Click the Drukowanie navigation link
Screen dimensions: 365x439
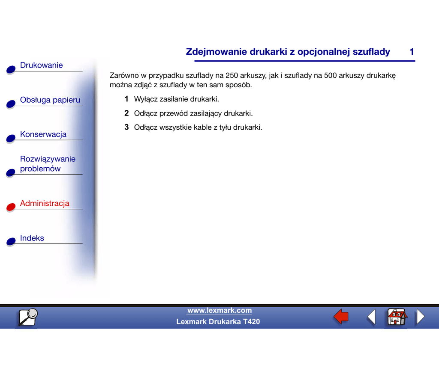(41, 65)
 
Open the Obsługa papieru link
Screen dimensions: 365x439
(50, 100)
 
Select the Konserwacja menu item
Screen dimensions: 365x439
(43, 134)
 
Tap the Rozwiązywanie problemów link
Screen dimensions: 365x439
(47, 164)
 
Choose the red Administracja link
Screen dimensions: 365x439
(45, 204)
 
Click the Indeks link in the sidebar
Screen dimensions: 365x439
(32, 238)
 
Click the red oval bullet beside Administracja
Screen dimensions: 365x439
(11, 207)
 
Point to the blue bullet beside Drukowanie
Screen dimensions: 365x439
(11, 70)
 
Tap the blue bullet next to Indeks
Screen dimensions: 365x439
(11, 242)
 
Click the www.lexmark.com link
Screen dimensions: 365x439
(219, 311)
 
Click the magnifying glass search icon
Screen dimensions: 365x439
(27, 318)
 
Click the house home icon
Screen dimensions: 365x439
(396, 318)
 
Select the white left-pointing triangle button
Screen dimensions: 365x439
(371, 317)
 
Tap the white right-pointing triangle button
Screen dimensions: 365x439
(421, 317)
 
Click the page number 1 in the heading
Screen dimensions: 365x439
(412, 52)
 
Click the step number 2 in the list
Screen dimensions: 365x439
(126, 113)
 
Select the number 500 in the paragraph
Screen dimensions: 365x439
(331, 76)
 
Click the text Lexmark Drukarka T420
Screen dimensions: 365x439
(218, 322)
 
